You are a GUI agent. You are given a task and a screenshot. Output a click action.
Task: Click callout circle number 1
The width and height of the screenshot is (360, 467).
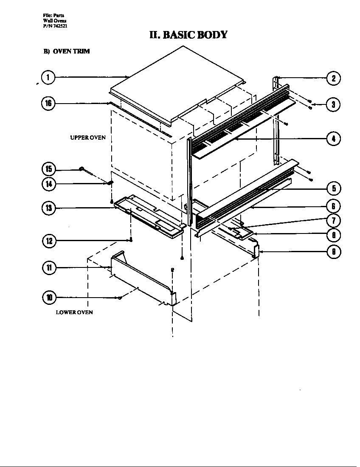point(48,77)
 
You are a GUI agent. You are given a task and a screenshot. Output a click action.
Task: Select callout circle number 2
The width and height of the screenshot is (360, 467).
point(334,78)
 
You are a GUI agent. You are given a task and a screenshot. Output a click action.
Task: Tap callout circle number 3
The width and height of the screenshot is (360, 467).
point(334,104)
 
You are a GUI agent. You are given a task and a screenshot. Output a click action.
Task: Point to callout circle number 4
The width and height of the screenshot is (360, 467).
point(334,138)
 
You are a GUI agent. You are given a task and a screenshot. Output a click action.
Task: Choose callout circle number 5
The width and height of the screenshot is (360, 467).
point(334,188)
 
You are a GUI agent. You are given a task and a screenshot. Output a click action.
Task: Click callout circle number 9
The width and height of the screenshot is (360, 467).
point(334,252)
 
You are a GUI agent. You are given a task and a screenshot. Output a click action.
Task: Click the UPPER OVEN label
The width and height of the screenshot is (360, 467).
point(87,138)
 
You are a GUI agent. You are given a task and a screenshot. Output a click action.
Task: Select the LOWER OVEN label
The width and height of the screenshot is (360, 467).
point(74,312)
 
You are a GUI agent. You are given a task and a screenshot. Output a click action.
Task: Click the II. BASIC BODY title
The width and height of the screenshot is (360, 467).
point(188,34)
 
